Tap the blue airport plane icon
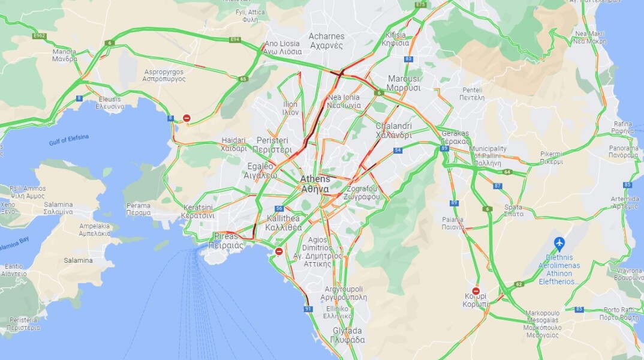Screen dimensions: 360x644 point(559,243)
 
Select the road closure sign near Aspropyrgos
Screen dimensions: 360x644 point(187,118)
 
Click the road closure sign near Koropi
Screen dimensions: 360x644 point(476,291)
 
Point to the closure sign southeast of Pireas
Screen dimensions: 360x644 point(279,251)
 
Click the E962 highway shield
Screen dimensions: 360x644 point(40,36)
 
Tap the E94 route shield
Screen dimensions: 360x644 point(234,40)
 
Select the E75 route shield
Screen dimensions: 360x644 point(420,5)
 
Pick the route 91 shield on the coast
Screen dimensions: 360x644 point(308,309)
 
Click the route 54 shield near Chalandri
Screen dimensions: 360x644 point(397,150)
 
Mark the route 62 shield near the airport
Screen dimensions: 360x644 point(519,284)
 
